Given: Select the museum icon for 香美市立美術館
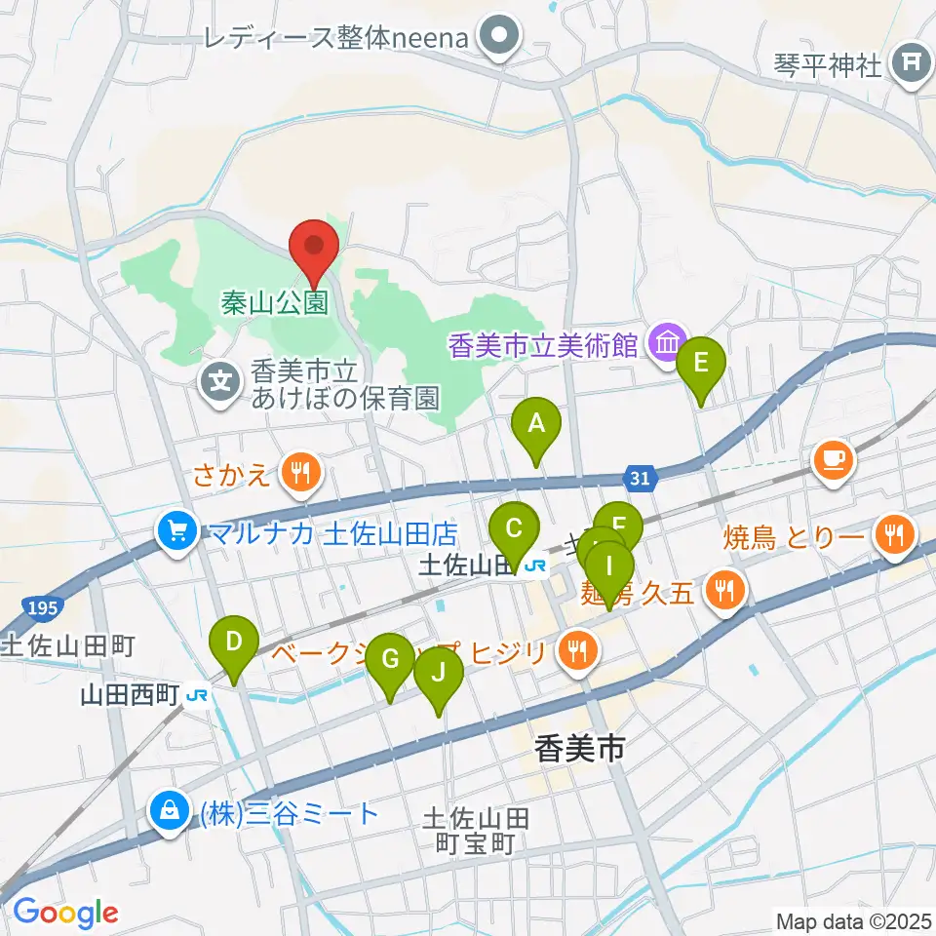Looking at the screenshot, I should tap(668, 342).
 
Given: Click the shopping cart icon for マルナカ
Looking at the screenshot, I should tap(176, 532).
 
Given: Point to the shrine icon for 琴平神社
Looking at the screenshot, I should tap(912, 65).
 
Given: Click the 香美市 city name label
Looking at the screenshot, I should tap(579, 749).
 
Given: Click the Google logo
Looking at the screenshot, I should tap(65, 913).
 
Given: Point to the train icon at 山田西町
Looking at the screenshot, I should tap(198, 694).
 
